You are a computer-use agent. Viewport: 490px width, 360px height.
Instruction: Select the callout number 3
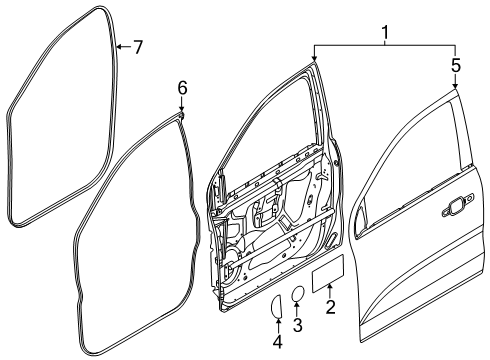click(297, 324)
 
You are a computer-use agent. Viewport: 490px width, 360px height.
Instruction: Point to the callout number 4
click(277, 339)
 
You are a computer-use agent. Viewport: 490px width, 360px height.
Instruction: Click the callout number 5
click(456, 68)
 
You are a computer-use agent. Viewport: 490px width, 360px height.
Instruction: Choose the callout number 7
click(138, 46)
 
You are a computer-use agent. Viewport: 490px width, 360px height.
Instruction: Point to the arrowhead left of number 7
click(118, 46)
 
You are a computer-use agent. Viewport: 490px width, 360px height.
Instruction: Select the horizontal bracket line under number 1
click(385, 46)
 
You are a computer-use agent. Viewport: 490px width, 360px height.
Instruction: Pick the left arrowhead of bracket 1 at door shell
click(314, 62)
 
